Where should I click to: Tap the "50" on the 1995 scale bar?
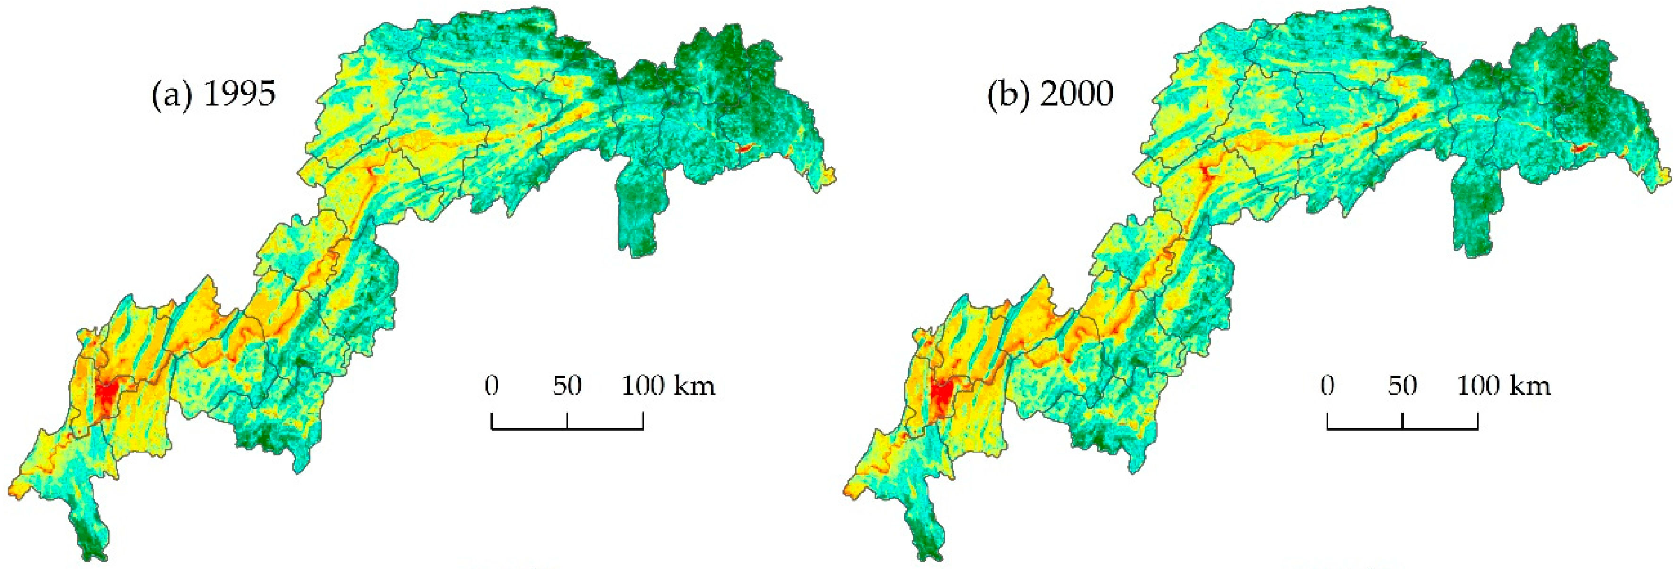click(567, 386)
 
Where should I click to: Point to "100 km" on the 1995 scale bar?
click(668, 386)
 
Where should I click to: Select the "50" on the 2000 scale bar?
click(1402, 386)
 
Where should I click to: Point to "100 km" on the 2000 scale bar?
click(1504, 386)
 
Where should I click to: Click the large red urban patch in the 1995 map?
click(106, 393)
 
